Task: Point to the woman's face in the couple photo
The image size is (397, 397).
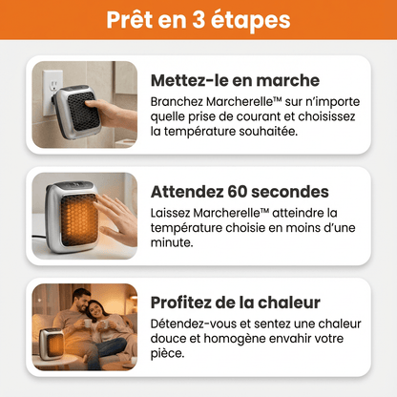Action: point(95,313)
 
